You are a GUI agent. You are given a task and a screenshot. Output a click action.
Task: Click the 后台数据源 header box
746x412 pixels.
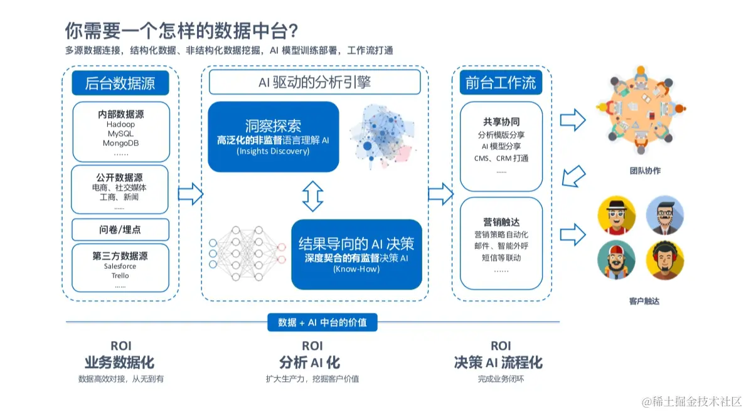tap(120, 83)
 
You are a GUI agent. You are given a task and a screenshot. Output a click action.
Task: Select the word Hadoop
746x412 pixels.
tap(120, 125)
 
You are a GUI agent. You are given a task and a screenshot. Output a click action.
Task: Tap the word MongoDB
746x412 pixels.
tap(120, 143)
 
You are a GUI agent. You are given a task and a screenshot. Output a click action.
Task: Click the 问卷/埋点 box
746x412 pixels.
tap(120, 230)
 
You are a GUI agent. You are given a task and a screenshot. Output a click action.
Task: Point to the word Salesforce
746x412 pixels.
tap(120, 267)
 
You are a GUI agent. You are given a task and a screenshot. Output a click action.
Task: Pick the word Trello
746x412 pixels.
tap(120, 276)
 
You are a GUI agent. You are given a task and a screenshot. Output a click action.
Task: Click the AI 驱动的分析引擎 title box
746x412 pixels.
tap(314, 82)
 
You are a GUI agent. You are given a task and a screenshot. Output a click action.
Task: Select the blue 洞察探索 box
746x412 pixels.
tap(273, 136)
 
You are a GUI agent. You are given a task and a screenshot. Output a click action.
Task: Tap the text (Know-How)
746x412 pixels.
tap(356, 268)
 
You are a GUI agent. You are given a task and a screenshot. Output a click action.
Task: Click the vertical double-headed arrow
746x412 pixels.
tap(312, 196)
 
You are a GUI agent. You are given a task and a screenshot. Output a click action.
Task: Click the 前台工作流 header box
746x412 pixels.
tap(501, 83)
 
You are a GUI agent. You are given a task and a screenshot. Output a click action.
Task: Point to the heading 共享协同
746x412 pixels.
tap(501, 122)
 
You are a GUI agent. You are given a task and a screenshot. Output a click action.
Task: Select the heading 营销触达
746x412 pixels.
tap(501, 222)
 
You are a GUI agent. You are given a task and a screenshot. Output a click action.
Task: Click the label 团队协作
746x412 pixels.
tap(645, 171)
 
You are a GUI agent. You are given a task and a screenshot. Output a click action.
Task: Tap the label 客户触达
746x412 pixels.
tap(644, 301)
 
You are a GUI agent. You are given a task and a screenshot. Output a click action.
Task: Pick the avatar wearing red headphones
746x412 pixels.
tap(664, 260)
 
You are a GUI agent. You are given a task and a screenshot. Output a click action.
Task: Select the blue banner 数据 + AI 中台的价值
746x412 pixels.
tap(322, 322)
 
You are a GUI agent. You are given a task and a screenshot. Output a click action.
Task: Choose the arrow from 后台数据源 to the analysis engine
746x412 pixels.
tap(190, 194)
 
